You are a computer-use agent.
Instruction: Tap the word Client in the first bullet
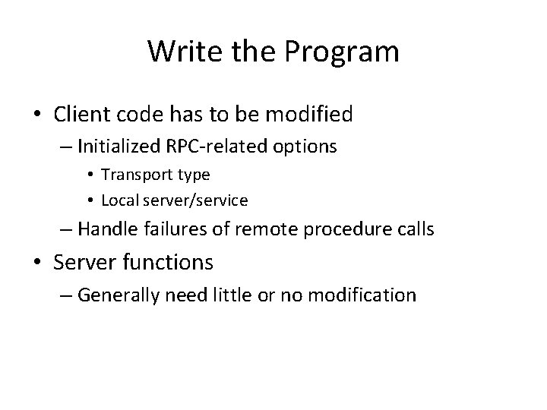[x=80, y=115]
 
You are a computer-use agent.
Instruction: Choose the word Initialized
[x=123, y=145]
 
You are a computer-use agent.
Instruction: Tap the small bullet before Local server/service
[x=90, y=200]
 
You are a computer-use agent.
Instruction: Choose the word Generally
[x=115, y=294]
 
